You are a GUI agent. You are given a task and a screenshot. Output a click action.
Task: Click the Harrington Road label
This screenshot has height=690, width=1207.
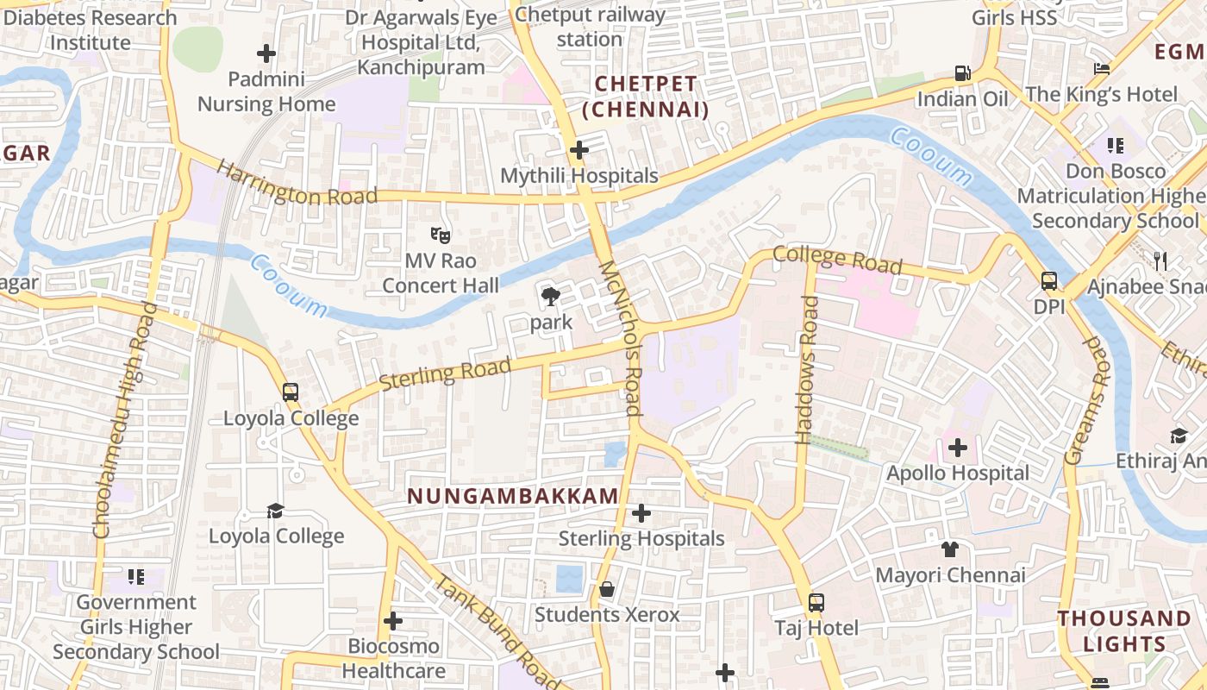[x=297, y=183]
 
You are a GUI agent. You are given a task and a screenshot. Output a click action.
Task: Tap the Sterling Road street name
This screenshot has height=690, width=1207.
[x=445, y=373]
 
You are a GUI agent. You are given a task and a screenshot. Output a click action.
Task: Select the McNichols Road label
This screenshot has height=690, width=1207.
[x=622, y=338]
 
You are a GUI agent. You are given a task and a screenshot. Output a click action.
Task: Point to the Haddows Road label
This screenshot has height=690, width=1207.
[x=807, y=370]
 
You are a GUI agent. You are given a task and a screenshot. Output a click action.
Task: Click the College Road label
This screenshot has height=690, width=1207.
[x=837, y=260]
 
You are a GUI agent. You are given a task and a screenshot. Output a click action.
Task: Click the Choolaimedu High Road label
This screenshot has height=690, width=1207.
[x=126, y=421]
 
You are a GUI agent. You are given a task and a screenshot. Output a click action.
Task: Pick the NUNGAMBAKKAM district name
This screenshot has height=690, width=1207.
[x=513, y=496]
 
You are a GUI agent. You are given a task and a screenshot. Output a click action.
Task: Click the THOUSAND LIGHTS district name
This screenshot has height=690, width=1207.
[x=1124, y=630]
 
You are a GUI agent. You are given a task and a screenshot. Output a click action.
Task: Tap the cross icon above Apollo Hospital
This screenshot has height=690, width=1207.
[x=957, y=448]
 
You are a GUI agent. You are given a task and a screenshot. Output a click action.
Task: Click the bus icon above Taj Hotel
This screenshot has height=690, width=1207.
[x=816, y=603]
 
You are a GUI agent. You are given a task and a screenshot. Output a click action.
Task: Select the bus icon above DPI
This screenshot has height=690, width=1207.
[x=1049, y=281]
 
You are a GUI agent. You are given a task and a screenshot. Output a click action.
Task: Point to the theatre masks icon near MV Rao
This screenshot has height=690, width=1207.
[x=440, y=235]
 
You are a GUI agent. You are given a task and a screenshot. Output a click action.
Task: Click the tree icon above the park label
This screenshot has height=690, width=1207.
[x=550, y=298]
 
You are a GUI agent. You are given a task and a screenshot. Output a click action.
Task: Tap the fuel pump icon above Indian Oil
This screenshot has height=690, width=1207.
[x=962, y=73]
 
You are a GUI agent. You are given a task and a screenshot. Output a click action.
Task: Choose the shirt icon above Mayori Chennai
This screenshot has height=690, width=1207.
[x=950, y=549]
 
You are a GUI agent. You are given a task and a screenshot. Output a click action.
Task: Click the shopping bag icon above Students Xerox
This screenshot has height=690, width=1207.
[x=607, y=589]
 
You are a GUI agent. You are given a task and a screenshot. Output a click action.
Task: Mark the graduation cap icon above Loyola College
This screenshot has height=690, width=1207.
[x=275, y=511]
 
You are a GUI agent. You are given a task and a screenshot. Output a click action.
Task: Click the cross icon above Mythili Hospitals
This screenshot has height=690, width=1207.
[x=579, y=150]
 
